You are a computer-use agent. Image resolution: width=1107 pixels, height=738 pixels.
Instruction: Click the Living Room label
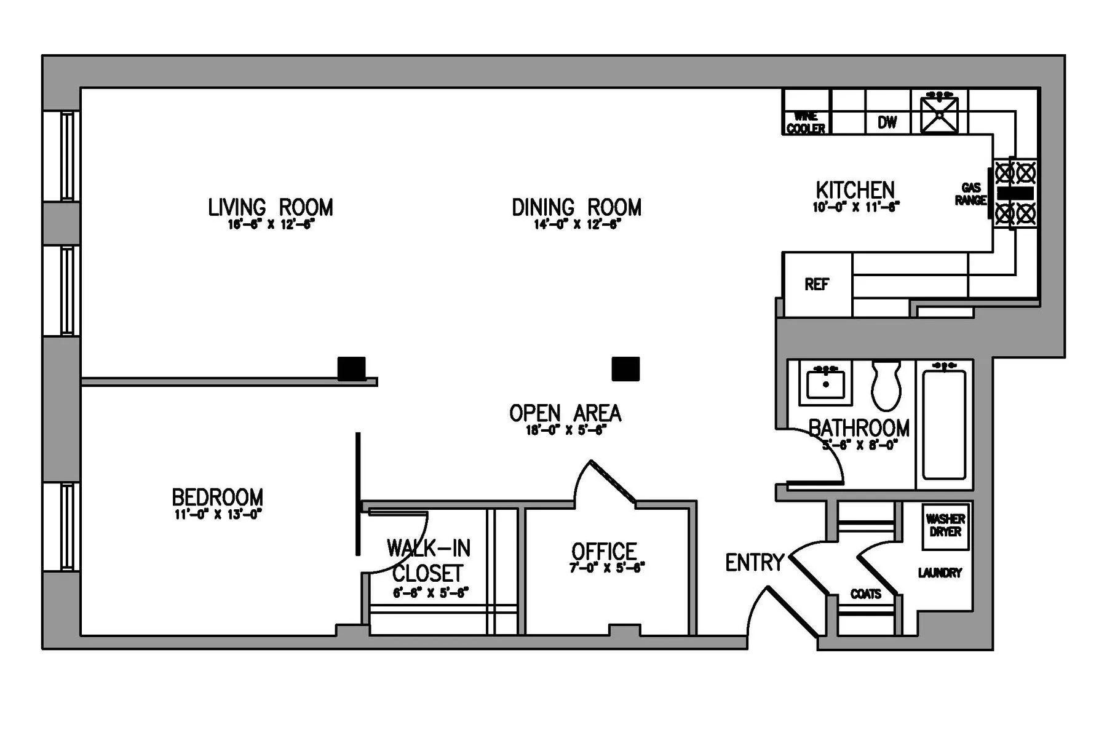click(x=270, y=207)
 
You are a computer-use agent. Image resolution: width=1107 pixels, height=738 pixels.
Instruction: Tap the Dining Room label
click(x=576, y=207)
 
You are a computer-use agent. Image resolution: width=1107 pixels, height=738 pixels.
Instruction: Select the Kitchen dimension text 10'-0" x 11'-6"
click(x=855, y=207)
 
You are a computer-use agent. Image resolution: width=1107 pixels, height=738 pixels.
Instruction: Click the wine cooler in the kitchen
click(x=806, y=122)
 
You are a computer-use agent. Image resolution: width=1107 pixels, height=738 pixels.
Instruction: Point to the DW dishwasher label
click(x=887, y=122)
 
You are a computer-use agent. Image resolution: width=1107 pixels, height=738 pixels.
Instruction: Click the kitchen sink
click(x=939, y=114)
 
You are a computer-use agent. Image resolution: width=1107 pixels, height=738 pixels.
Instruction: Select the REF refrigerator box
click(x=817, y=284)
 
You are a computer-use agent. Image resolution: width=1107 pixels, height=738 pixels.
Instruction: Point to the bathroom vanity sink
click(x=826, y=383)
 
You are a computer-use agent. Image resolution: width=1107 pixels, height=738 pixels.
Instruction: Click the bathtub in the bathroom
click(x=944, y=424)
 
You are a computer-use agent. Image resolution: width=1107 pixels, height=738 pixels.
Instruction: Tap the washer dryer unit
click(x=945, y=526)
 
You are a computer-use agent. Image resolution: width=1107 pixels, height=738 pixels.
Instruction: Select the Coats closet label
click(x=865, y=594)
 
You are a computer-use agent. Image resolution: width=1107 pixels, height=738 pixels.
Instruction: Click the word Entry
click(x=754, y=562)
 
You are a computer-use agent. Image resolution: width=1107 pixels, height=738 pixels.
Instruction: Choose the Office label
click(x=604, y=551)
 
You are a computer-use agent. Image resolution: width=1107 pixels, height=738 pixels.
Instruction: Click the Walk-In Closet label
click(x=428, y=560)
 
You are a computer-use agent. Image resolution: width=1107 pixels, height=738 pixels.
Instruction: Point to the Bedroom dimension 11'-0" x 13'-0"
click(x=218, y=514)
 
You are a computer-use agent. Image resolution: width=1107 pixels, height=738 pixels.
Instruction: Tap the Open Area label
click(x=565, y=413)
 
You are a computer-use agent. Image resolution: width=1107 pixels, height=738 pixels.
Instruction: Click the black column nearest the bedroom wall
click(x=351, y=368)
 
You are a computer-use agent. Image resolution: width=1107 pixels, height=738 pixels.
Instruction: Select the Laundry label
click(x=939, y=573)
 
